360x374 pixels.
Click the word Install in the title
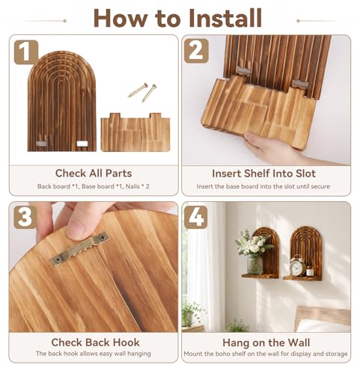(x=225, y=18)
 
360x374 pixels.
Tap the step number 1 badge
(x=26, y=52)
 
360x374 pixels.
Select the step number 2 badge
(x=196, y=51)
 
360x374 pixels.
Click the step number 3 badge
(x=25, y=217)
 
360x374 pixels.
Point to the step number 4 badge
(x=196, y=217)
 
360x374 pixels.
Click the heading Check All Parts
(x=94, y=174)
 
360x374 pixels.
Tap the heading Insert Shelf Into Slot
(x=263, y=174)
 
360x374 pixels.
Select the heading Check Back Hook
(x=95, y=343)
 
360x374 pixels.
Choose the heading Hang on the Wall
(x=266, y=343)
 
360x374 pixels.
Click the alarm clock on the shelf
(x=297, y=266)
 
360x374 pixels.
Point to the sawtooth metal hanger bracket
(x=80, y=248)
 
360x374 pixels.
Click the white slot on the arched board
(x=82, y=144)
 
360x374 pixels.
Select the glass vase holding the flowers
(x=254, y=265)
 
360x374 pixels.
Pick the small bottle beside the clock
(x=310, y=270)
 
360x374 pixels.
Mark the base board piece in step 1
(x=135, y=132)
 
